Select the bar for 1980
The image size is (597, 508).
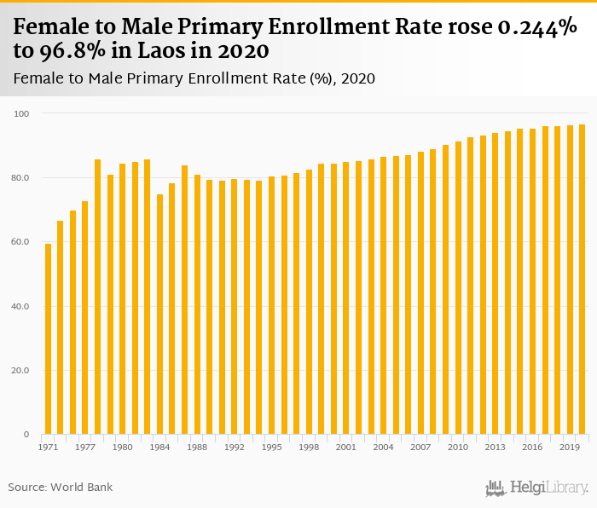click(x=122, y=299)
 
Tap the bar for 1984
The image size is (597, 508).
click(x=159, y=315)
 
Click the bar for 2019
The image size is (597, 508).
click(x=570, y=280)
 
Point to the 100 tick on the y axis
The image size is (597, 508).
click(x=22, y=113)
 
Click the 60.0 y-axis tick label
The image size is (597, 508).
click(x=20, y=242)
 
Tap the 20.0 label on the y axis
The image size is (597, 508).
click(x=20, y=371)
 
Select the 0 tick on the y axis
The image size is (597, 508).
click(x=26, y=435)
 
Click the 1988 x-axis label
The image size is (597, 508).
click(x=197, y=447)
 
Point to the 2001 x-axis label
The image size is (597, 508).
click(x=345, y=447)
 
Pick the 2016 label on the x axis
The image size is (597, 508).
click(x=532, y=447)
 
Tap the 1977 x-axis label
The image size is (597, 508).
click(x=85, y=447)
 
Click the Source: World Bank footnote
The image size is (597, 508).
click(x=61, y=488)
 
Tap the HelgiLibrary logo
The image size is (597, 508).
click(x=537, y=488)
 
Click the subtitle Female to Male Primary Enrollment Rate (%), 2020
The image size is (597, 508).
click(x=194, y=78)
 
